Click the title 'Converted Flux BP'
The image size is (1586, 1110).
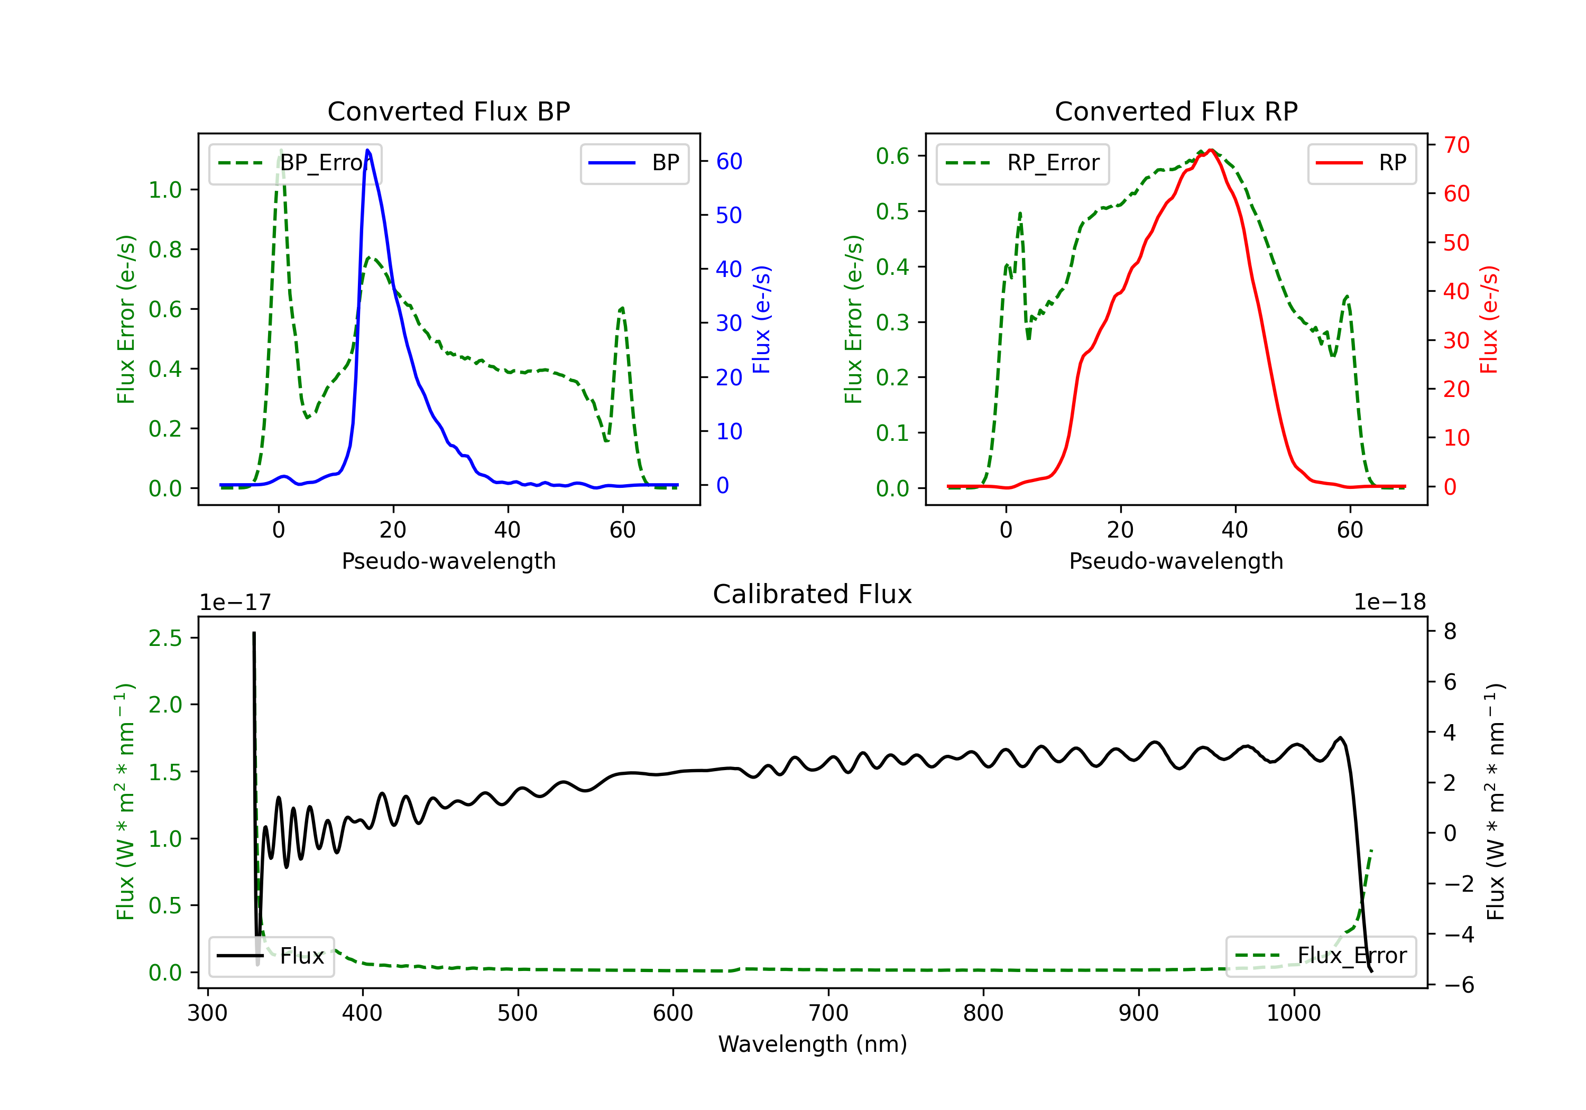(449, 111)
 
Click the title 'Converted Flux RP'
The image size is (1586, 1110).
(1176, 111)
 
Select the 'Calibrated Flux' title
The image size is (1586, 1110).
(813, 594)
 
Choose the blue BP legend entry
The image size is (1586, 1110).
(634, 163)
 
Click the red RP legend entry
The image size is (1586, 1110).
(1361, 163)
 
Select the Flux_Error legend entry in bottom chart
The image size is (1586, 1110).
(1321, 956)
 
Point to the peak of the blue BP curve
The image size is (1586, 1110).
(367, 150)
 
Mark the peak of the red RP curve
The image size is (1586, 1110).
(1211, 150)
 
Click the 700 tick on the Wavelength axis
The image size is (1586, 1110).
(828, 1013)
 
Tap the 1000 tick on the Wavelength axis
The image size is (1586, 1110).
(1294, 1013)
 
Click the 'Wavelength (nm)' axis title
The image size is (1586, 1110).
(813, 1044)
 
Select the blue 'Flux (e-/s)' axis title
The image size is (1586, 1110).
(761, 320)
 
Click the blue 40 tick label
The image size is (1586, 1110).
(729, 270)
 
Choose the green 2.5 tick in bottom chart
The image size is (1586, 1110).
(165, 638)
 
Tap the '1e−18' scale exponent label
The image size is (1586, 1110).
(1390, 603)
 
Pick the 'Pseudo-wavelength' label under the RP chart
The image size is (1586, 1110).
(1176, 561)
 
